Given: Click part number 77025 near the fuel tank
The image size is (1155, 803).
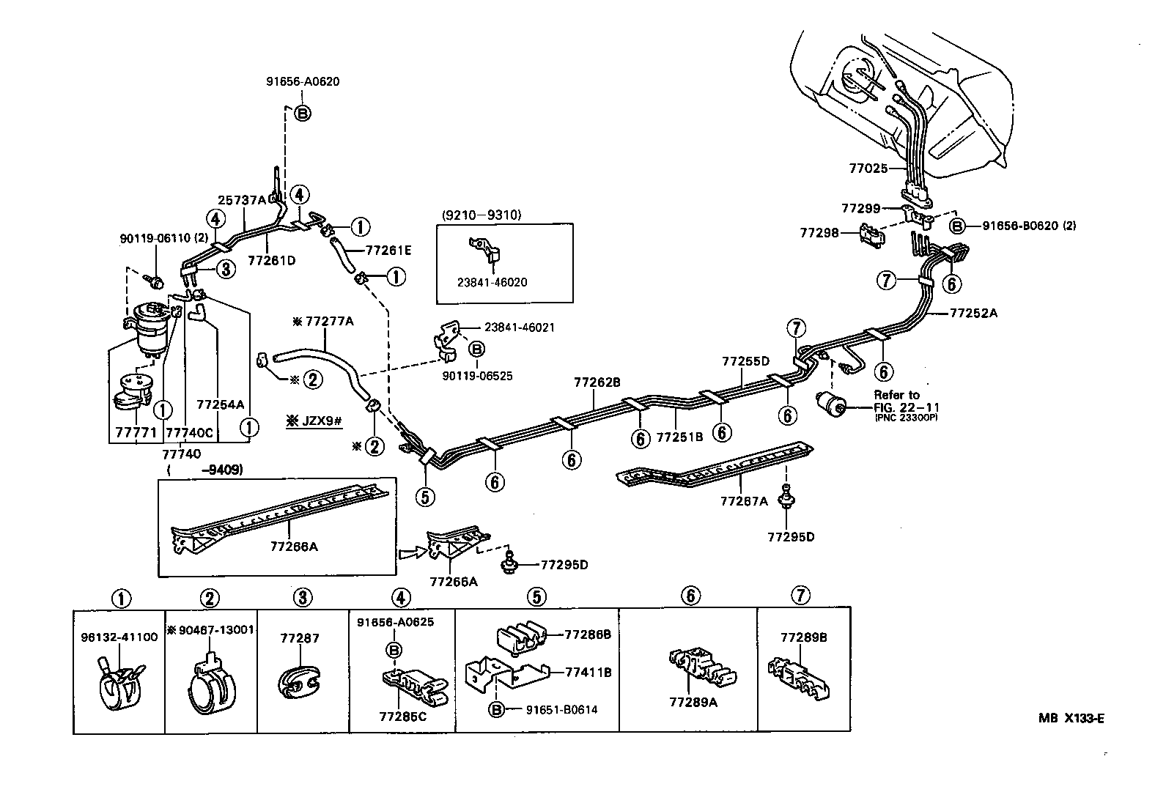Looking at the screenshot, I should coord(868,168).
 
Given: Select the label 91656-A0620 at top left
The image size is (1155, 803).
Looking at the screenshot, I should coord(303,82).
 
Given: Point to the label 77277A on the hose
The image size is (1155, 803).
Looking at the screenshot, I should coord(323,320).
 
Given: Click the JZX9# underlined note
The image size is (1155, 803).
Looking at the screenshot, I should coord(314,422).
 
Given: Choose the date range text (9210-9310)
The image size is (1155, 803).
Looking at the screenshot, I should coord(481,215).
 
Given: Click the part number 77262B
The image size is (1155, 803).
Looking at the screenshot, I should coord(597,382).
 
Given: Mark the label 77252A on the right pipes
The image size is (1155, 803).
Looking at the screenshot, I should coord(973,313).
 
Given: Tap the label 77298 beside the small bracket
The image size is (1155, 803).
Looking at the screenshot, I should coord(819,233).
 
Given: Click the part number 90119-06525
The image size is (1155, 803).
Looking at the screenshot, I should coord(477,376).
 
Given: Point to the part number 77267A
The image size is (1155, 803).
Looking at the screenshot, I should coord(744,501).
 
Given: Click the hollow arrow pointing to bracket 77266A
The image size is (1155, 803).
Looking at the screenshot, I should coord(411,552).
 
